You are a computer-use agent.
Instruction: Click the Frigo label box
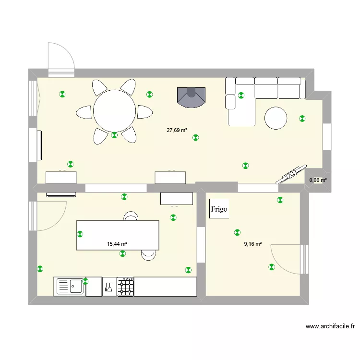click(218, 210)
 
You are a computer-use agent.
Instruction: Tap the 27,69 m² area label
click(177, 130)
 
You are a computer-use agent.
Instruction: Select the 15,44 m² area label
click(117, 244)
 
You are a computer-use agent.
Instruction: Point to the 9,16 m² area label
click(252, 244)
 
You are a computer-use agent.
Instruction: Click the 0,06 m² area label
click(318, 180)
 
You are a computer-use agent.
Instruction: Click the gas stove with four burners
click(126, 287)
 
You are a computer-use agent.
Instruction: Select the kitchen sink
click(70, 287)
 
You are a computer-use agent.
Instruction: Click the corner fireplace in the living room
click(191, 97)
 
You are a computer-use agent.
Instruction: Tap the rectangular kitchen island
click(118, 235)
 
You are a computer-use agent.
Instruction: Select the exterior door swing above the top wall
click(61, 58)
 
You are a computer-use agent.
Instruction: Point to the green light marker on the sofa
click(241, 95)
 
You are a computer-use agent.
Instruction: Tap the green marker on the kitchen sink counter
click(86, 280)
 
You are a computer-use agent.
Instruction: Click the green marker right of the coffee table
click(302, 118)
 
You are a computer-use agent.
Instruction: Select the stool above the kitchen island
click(131, 216)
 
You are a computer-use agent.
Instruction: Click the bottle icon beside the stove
click(109, 287)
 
